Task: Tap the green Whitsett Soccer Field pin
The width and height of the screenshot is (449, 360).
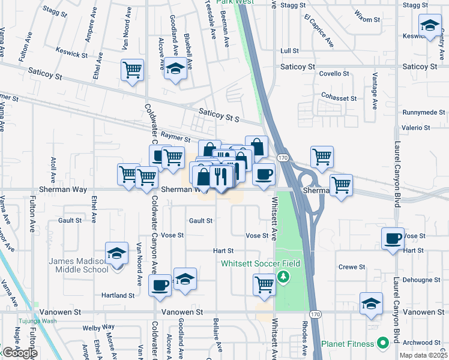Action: pos(286,277)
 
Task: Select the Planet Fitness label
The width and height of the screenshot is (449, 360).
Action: pos(351,344)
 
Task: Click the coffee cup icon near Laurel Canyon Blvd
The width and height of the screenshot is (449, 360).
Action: pos(393,238)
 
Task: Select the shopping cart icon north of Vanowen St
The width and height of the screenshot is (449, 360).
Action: pos(264,284)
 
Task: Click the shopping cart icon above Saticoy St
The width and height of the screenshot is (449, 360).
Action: pos(132,69)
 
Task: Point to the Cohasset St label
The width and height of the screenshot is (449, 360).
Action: pos(339,98)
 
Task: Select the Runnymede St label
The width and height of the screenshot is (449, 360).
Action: pos(424,112)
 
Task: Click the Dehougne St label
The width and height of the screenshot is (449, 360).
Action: pos(424,280)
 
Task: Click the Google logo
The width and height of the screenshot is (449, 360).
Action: pos(20,353)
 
